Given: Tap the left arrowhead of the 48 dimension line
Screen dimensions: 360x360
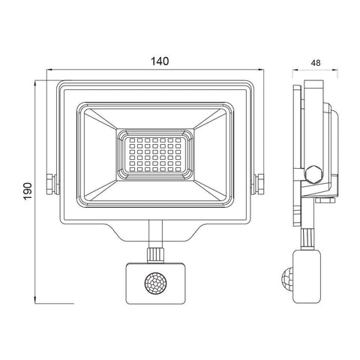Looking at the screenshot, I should coord(293,76).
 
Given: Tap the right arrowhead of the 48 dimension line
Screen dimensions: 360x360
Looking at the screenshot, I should coord(335,76).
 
